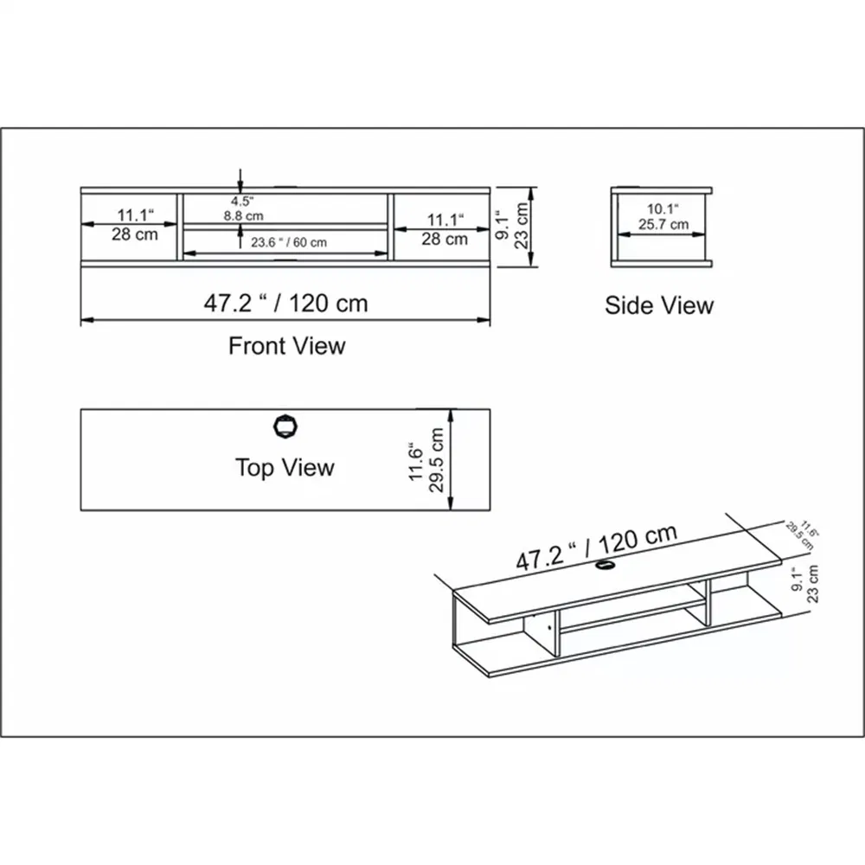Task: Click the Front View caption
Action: (x=286, y=346)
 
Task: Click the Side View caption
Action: (x=659, y=305)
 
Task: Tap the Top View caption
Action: (x=285, y=468)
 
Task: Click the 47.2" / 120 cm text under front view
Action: (x=285, y=303)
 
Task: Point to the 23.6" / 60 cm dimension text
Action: (x=289, y=243)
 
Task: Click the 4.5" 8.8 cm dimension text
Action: (x=241, y=209)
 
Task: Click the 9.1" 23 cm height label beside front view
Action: (x=514, y=227)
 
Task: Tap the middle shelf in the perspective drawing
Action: (x=631, y=617)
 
